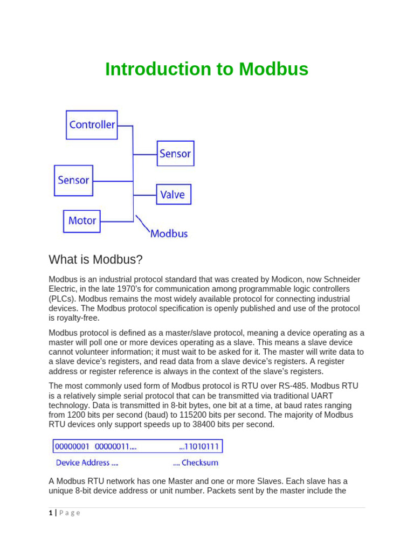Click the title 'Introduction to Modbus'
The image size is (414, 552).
pos(206,70)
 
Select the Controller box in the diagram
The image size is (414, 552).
pos(92,125)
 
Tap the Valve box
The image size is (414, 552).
pos(173,195)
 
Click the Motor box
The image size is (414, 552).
pos(82,221)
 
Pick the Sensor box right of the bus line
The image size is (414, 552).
pos(175,154)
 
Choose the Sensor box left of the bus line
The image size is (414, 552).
pos(73,180)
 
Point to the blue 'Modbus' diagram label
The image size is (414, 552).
pos(169,233)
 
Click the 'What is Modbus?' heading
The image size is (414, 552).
pos(95,260)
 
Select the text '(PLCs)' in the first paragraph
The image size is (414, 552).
pos(62,299)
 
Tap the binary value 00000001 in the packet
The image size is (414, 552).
pos(72,447)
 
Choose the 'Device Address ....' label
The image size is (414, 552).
pos(87,463)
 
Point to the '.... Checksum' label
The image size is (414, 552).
pos(195,463)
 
